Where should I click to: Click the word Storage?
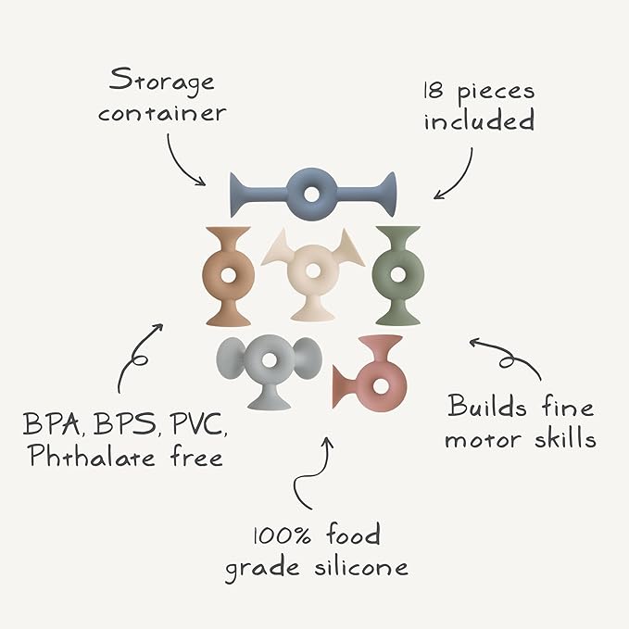point(162,82)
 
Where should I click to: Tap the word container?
point(162,114)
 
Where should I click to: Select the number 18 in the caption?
point(434,91)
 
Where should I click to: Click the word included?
point(479,120)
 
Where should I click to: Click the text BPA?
point(52,424)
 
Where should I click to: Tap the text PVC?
point(197,424)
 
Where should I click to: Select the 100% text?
point(282,535)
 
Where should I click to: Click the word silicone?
point(361,567)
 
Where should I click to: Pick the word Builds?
point(486,406)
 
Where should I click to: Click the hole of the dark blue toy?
point(311,195)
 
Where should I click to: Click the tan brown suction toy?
point(228,276)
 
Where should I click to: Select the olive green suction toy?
point(398,275)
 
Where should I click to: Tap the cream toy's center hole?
point(313,270)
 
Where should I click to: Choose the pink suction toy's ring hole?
point(380,386)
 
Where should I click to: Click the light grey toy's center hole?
point(269,359)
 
